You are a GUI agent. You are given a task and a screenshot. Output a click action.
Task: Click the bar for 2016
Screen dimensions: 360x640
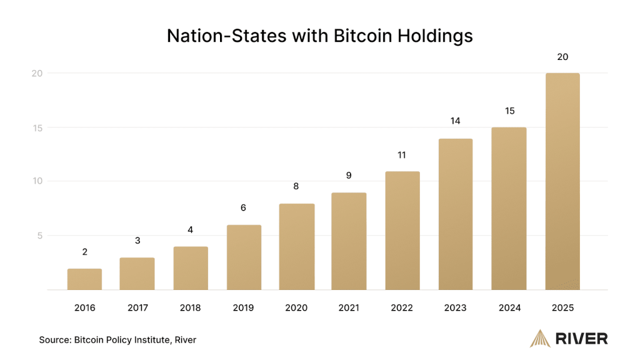pyautogui.click(x=84, y=279)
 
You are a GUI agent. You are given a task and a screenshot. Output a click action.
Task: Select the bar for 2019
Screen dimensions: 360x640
pyautogui.click(x=244, y=257)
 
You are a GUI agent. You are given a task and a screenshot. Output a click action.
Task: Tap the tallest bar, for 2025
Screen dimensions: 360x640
pyautogui.click(x=562, y=181)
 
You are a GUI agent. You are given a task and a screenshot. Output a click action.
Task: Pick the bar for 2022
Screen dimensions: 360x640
pyautogui.click(x=402, y=231)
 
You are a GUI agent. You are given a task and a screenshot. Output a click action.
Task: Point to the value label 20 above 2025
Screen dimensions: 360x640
pyautogui.click(x=562, y=57)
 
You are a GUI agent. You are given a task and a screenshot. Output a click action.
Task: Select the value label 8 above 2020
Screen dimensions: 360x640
pyautogui.click(x=297, y=186)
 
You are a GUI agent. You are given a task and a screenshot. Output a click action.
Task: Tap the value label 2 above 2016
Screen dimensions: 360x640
pyautogui.click(x=84, y=252)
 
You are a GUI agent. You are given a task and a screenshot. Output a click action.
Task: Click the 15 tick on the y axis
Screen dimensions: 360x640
pyautogui.click(x=37, y=127)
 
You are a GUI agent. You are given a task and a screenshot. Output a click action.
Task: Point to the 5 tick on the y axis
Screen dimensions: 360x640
pyautogui.click(x=39, y=236)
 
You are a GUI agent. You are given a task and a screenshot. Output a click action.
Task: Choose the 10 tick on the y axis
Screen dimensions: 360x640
pyautogui.click(x=37, y=181)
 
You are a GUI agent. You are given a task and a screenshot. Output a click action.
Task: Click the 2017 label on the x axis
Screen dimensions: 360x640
pyautogui.click(x=137, y=307)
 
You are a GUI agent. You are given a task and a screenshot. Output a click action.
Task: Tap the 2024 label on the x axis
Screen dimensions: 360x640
pyautogui.click(x=509, y=307)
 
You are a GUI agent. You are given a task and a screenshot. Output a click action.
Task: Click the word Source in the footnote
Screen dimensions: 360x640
pyautogui.click(x=54, y=340)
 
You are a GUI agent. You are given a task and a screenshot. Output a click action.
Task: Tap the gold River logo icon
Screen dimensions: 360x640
pyautogui.click(x=539, y=338)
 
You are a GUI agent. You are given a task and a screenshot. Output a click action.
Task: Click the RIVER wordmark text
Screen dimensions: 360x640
pyautogui.click(x=581, y=339)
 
